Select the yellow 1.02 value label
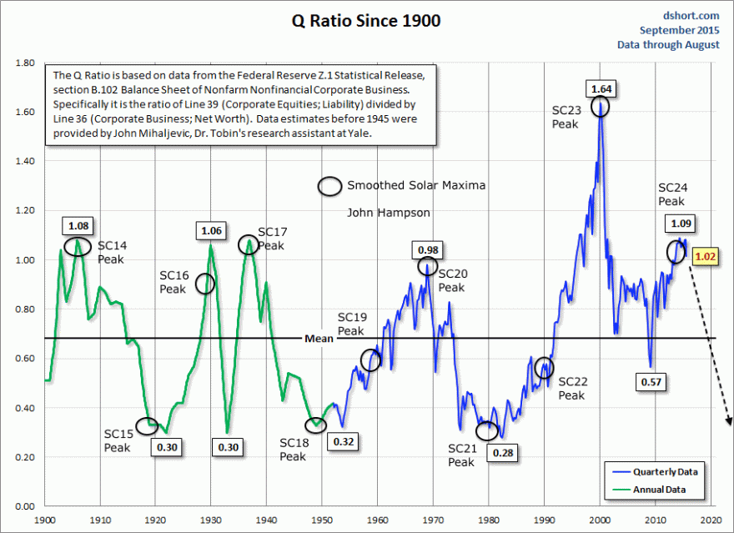click(705, 258)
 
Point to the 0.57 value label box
click(652, 381)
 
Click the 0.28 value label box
click(503, 453)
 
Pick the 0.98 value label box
click(427, 249)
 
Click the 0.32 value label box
click(344, 440)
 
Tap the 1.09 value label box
click(681, 224)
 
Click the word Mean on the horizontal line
click(319, 339)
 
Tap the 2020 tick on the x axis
click(711, 520)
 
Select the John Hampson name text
click(389, 213)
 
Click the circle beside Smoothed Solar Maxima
click(329, 186)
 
